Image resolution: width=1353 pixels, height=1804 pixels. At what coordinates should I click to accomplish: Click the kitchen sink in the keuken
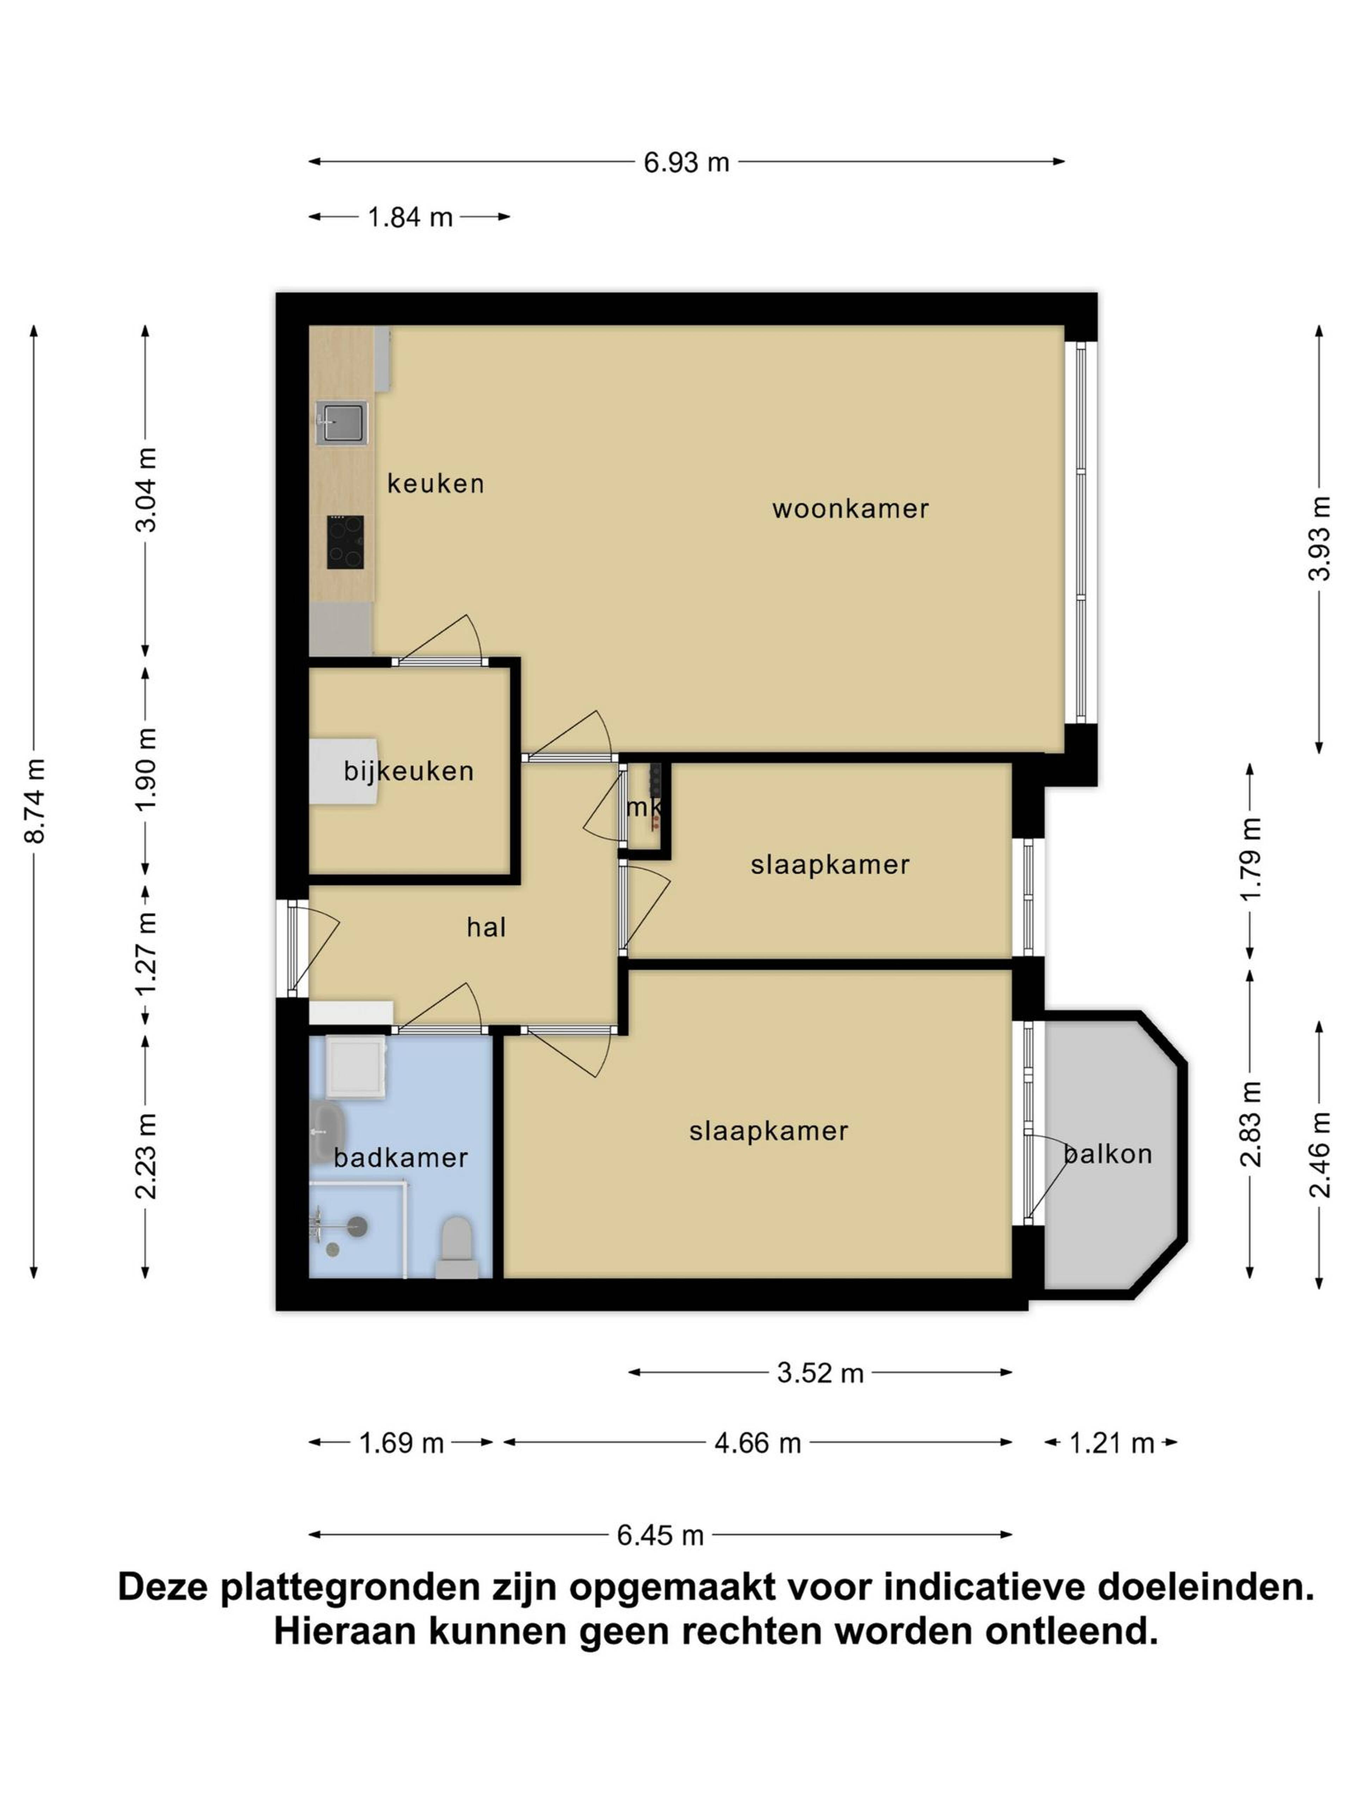coord(342,422)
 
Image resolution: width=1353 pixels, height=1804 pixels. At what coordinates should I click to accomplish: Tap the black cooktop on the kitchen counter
coord(345,542)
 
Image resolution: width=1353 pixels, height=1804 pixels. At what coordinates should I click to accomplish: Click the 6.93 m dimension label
coord(686,162)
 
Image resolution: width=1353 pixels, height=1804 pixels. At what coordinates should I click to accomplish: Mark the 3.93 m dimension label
coord(1319,538)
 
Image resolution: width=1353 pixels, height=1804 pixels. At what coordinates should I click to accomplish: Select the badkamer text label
coord(400,1157)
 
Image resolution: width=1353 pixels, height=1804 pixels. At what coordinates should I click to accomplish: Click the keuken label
coord(435,484)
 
